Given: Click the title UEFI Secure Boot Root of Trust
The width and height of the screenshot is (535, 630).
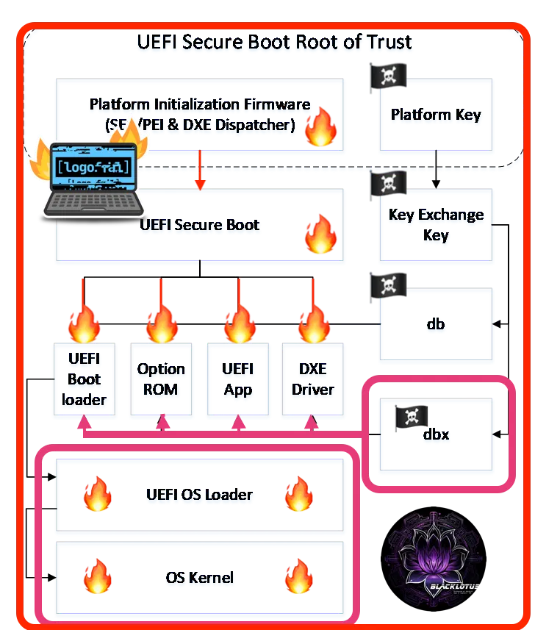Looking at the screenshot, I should pyautogui.click(x=274, y=42).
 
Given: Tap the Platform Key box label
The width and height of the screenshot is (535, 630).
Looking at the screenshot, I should pyautogui.click(x=437, y=115).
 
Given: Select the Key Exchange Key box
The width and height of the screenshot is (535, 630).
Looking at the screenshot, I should pyautogui.click(x=437, y=226).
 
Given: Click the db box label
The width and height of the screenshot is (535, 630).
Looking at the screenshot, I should pyautogui.click(x=437, y=325).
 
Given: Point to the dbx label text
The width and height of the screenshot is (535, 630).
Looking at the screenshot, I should pyautogui.click(x=436, y=434).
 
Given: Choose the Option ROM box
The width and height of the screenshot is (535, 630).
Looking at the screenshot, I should pyautogui.click(x=161, y=381).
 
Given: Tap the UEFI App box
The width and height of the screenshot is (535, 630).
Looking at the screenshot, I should pyautogui.click(x=237, y=381).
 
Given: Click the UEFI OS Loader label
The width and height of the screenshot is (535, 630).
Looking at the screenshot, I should pyautogui.click(x=200, y=495).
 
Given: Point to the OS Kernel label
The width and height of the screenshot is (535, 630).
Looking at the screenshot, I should pyautogui.click(x=200, y=579).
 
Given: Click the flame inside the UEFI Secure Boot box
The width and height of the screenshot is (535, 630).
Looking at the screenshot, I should pyautogui.click(x=321, y=234).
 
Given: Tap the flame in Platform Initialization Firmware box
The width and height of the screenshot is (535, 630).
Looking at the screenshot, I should pyautogui.click(x=321, y=126).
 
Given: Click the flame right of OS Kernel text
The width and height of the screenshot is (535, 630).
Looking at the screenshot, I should pyautogui.click(x=299, y=576).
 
